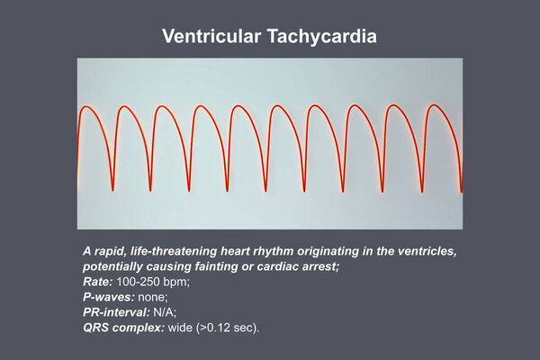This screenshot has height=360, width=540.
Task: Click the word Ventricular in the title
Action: point(211,36)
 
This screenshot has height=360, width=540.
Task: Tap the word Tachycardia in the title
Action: point(322,37)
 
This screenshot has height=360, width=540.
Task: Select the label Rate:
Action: point(98,282)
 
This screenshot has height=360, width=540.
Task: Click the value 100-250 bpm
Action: point(152,282)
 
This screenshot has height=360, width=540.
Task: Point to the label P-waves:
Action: point(109,297)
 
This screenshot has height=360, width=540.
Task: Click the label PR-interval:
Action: point(116,312)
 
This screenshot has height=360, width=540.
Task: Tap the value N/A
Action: point(164,312)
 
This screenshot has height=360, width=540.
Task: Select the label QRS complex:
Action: point(123,328)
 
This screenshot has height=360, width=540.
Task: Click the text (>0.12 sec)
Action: point(227,328)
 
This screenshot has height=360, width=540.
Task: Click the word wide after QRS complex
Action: point(180,328)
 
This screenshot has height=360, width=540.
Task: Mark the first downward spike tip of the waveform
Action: point(112,190)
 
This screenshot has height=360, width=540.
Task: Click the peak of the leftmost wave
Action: point(86,106)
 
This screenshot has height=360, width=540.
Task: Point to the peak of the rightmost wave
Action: point(435,105)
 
